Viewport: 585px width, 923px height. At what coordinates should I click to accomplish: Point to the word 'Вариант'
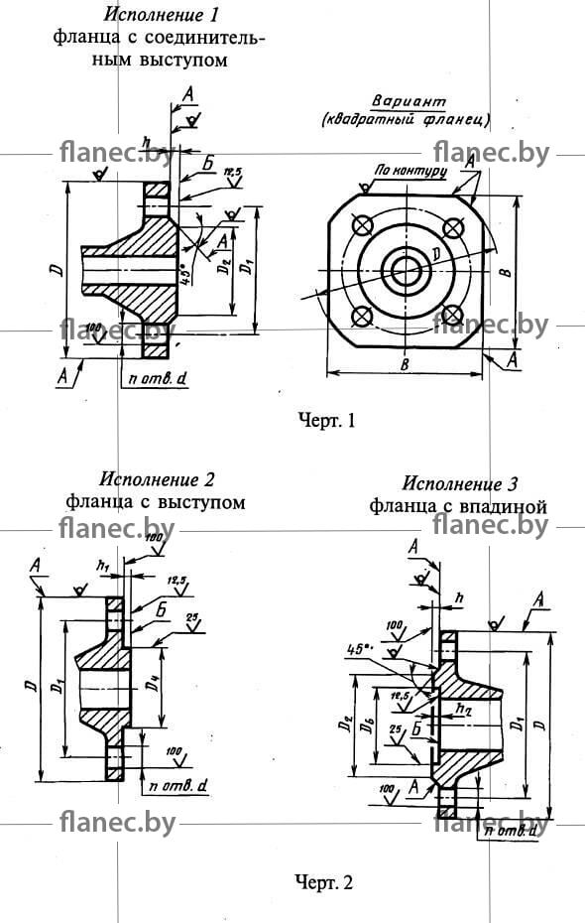409,102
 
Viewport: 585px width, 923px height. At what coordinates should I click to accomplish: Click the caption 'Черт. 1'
326,421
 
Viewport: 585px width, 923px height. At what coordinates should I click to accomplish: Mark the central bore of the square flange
408,270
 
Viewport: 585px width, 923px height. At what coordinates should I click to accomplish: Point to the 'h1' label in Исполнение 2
102,565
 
